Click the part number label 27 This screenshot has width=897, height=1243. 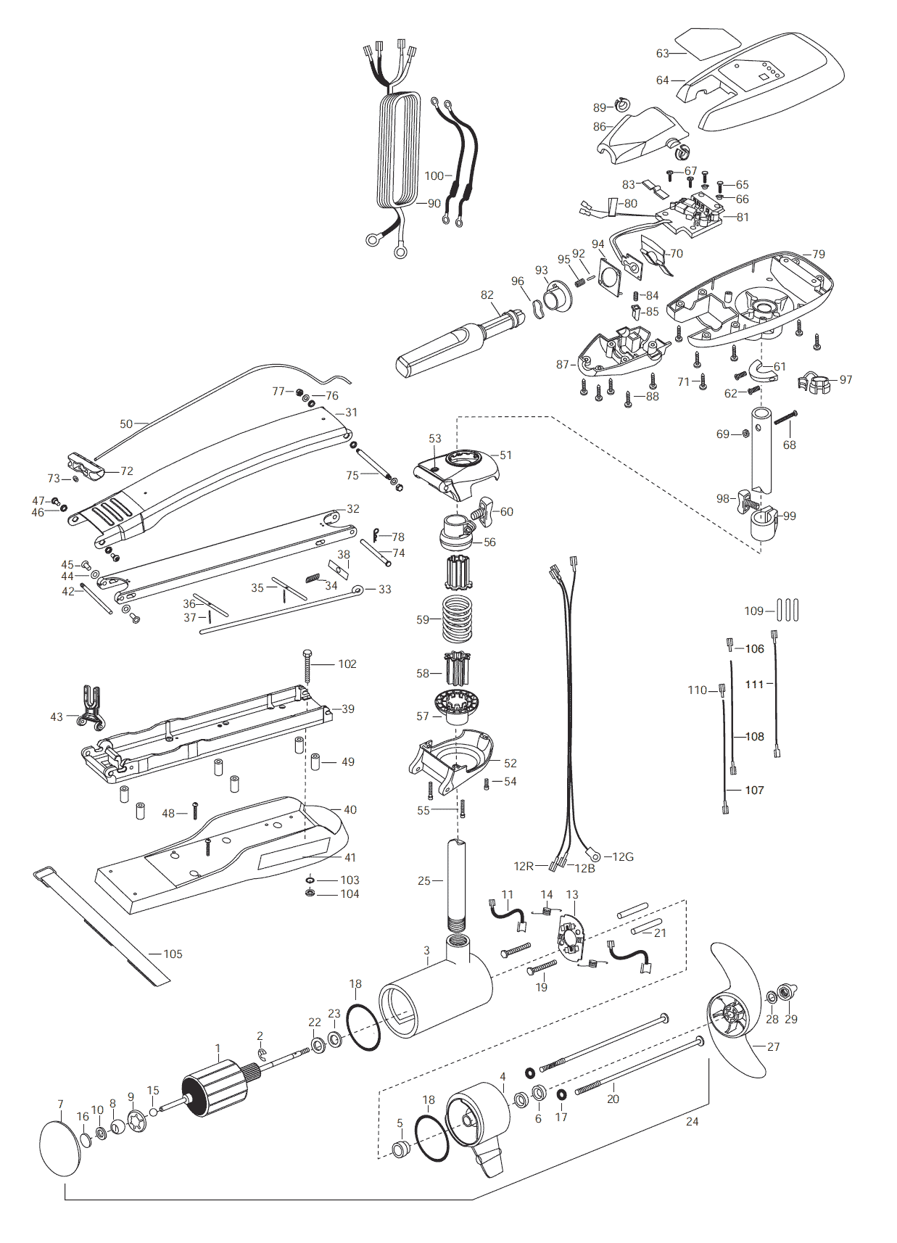[773, 1046]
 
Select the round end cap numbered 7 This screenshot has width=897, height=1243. [61, 1147]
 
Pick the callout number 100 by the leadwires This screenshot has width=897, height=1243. [434, 176]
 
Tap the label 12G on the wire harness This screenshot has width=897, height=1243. [623, 856]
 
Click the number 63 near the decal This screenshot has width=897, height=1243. [662, 53]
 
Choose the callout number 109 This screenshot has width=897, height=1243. [754, 611]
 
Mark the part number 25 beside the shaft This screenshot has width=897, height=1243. [423, 880]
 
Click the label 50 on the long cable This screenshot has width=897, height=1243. [126, 424]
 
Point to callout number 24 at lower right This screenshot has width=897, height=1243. [693, 1121]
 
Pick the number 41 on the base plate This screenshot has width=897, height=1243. [350, 857]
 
